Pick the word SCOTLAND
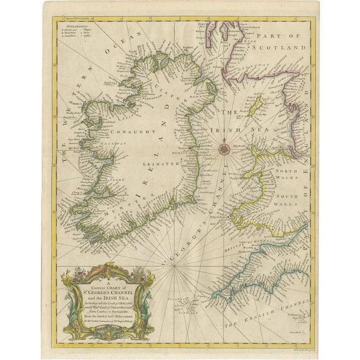(x=281, y=49)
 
